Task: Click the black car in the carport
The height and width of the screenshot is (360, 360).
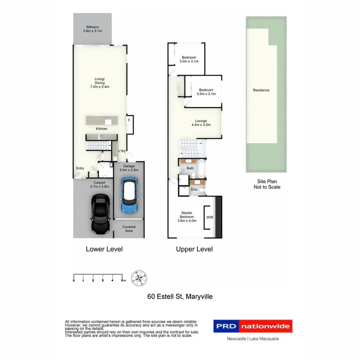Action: pos(100,214)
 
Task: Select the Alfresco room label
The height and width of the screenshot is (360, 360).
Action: pos(92,29)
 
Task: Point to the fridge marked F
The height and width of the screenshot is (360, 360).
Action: pos(129,120)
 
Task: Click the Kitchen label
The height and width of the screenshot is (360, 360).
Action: pos(101,129)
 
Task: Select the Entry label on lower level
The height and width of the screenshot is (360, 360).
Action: pos(80,168)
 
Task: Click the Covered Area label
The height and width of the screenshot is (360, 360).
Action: pos(129,229)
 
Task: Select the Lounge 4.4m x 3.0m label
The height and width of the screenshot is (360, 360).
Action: pos(200,122)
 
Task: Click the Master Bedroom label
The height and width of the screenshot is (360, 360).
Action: pos(187,216)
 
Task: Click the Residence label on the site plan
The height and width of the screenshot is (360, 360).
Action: pos(261,90)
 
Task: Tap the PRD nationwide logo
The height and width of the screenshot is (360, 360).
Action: pos(252,326)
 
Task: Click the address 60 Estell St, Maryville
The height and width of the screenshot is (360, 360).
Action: pos(180,296)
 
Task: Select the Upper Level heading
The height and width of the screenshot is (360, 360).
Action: pos(194,249)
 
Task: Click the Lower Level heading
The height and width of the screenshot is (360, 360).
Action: pos(104,249)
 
